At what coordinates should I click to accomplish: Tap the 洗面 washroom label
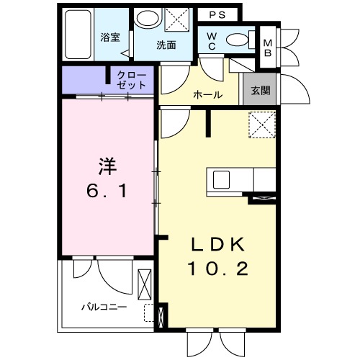coord(167,44)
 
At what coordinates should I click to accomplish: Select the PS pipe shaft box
coord(217,15)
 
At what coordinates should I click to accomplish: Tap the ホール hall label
coord(207,95)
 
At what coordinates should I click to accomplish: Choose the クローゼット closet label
coord(132,79)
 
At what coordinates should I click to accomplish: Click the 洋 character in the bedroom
coord(107,166)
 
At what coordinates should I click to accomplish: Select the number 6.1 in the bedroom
coord(106,192)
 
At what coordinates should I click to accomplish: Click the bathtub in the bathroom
coord(76,35)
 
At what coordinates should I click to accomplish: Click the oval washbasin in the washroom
coord(148,19)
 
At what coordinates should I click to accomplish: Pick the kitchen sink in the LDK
coord(220,179)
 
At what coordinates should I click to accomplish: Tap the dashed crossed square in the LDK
coord(261,124)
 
